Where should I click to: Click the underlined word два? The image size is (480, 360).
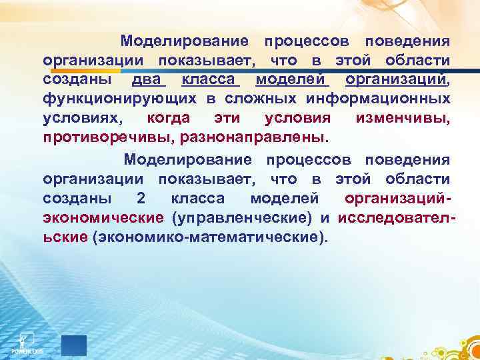point(148,80)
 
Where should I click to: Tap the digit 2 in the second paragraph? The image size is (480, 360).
point(139,199)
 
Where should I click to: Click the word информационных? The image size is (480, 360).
point(378,99)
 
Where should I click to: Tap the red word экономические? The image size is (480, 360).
point(103,218)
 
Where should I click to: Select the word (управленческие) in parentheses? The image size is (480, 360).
point(242,218)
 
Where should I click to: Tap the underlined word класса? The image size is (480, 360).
point(209,80)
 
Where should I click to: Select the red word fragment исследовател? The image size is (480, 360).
point(395,218)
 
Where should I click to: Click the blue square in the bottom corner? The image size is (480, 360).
point(74,345)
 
